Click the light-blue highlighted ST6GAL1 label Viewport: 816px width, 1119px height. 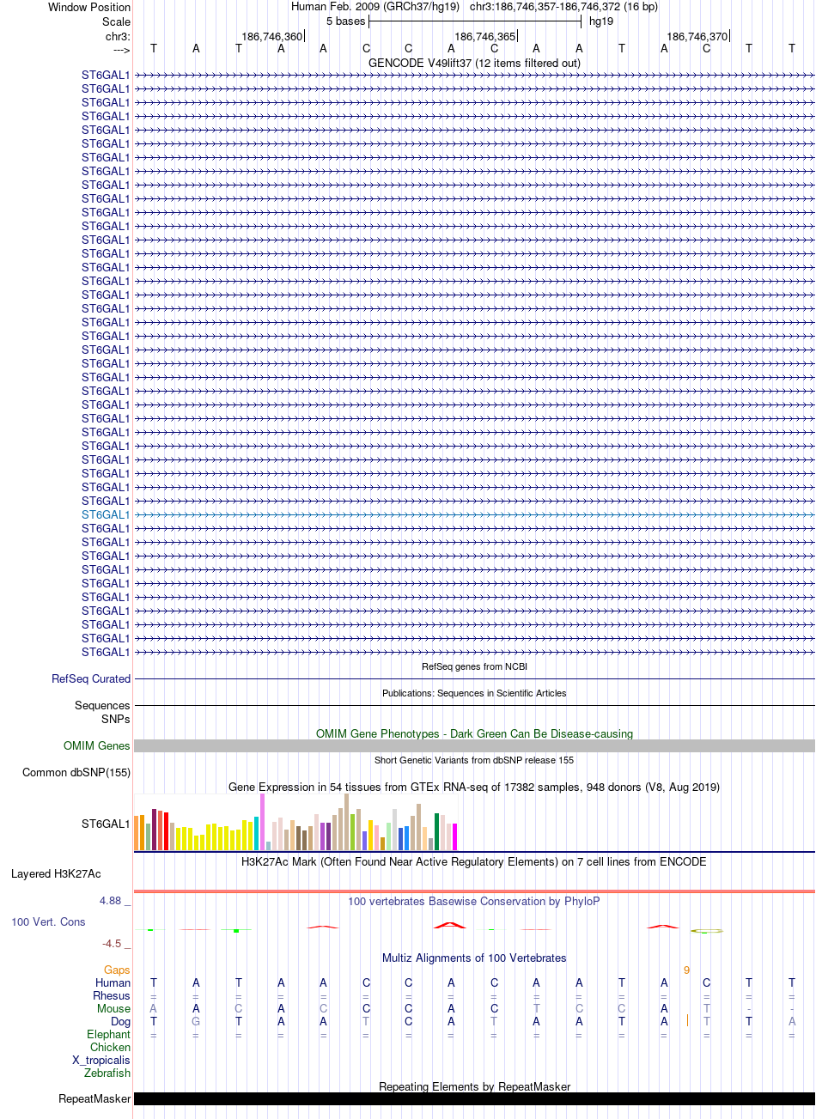point(106,514)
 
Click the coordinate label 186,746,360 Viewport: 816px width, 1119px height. point(272,37)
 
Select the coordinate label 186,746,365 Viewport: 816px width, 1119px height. point(484,37)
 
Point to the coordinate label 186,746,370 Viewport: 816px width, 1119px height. point(697,37)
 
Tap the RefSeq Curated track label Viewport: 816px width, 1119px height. point(91,678)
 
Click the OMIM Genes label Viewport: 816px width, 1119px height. point(97,745)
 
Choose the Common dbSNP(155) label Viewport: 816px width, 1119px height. point(76,772)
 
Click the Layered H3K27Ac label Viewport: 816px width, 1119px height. point(56,874)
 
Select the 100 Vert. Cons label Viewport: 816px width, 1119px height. point(48,921)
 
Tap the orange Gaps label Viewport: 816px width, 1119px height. point(117,970)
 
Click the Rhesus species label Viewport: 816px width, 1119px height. point(112,995)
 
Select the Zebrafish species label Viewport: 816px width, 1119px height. point(107,1073)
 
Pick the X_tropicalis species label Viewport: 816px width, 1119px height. point(101,1060)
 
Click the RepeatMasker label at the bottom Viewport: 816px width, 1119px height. point(94,1098)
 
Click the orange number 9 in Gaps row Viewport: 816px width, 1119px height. point(686,970)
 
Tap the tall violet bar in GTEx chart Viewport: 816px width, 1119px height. point(262,821)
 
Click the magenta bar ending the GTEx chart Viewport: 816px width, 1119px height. point(454,836)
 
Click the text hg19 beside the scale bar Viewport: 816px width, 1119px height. point(601,21)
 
